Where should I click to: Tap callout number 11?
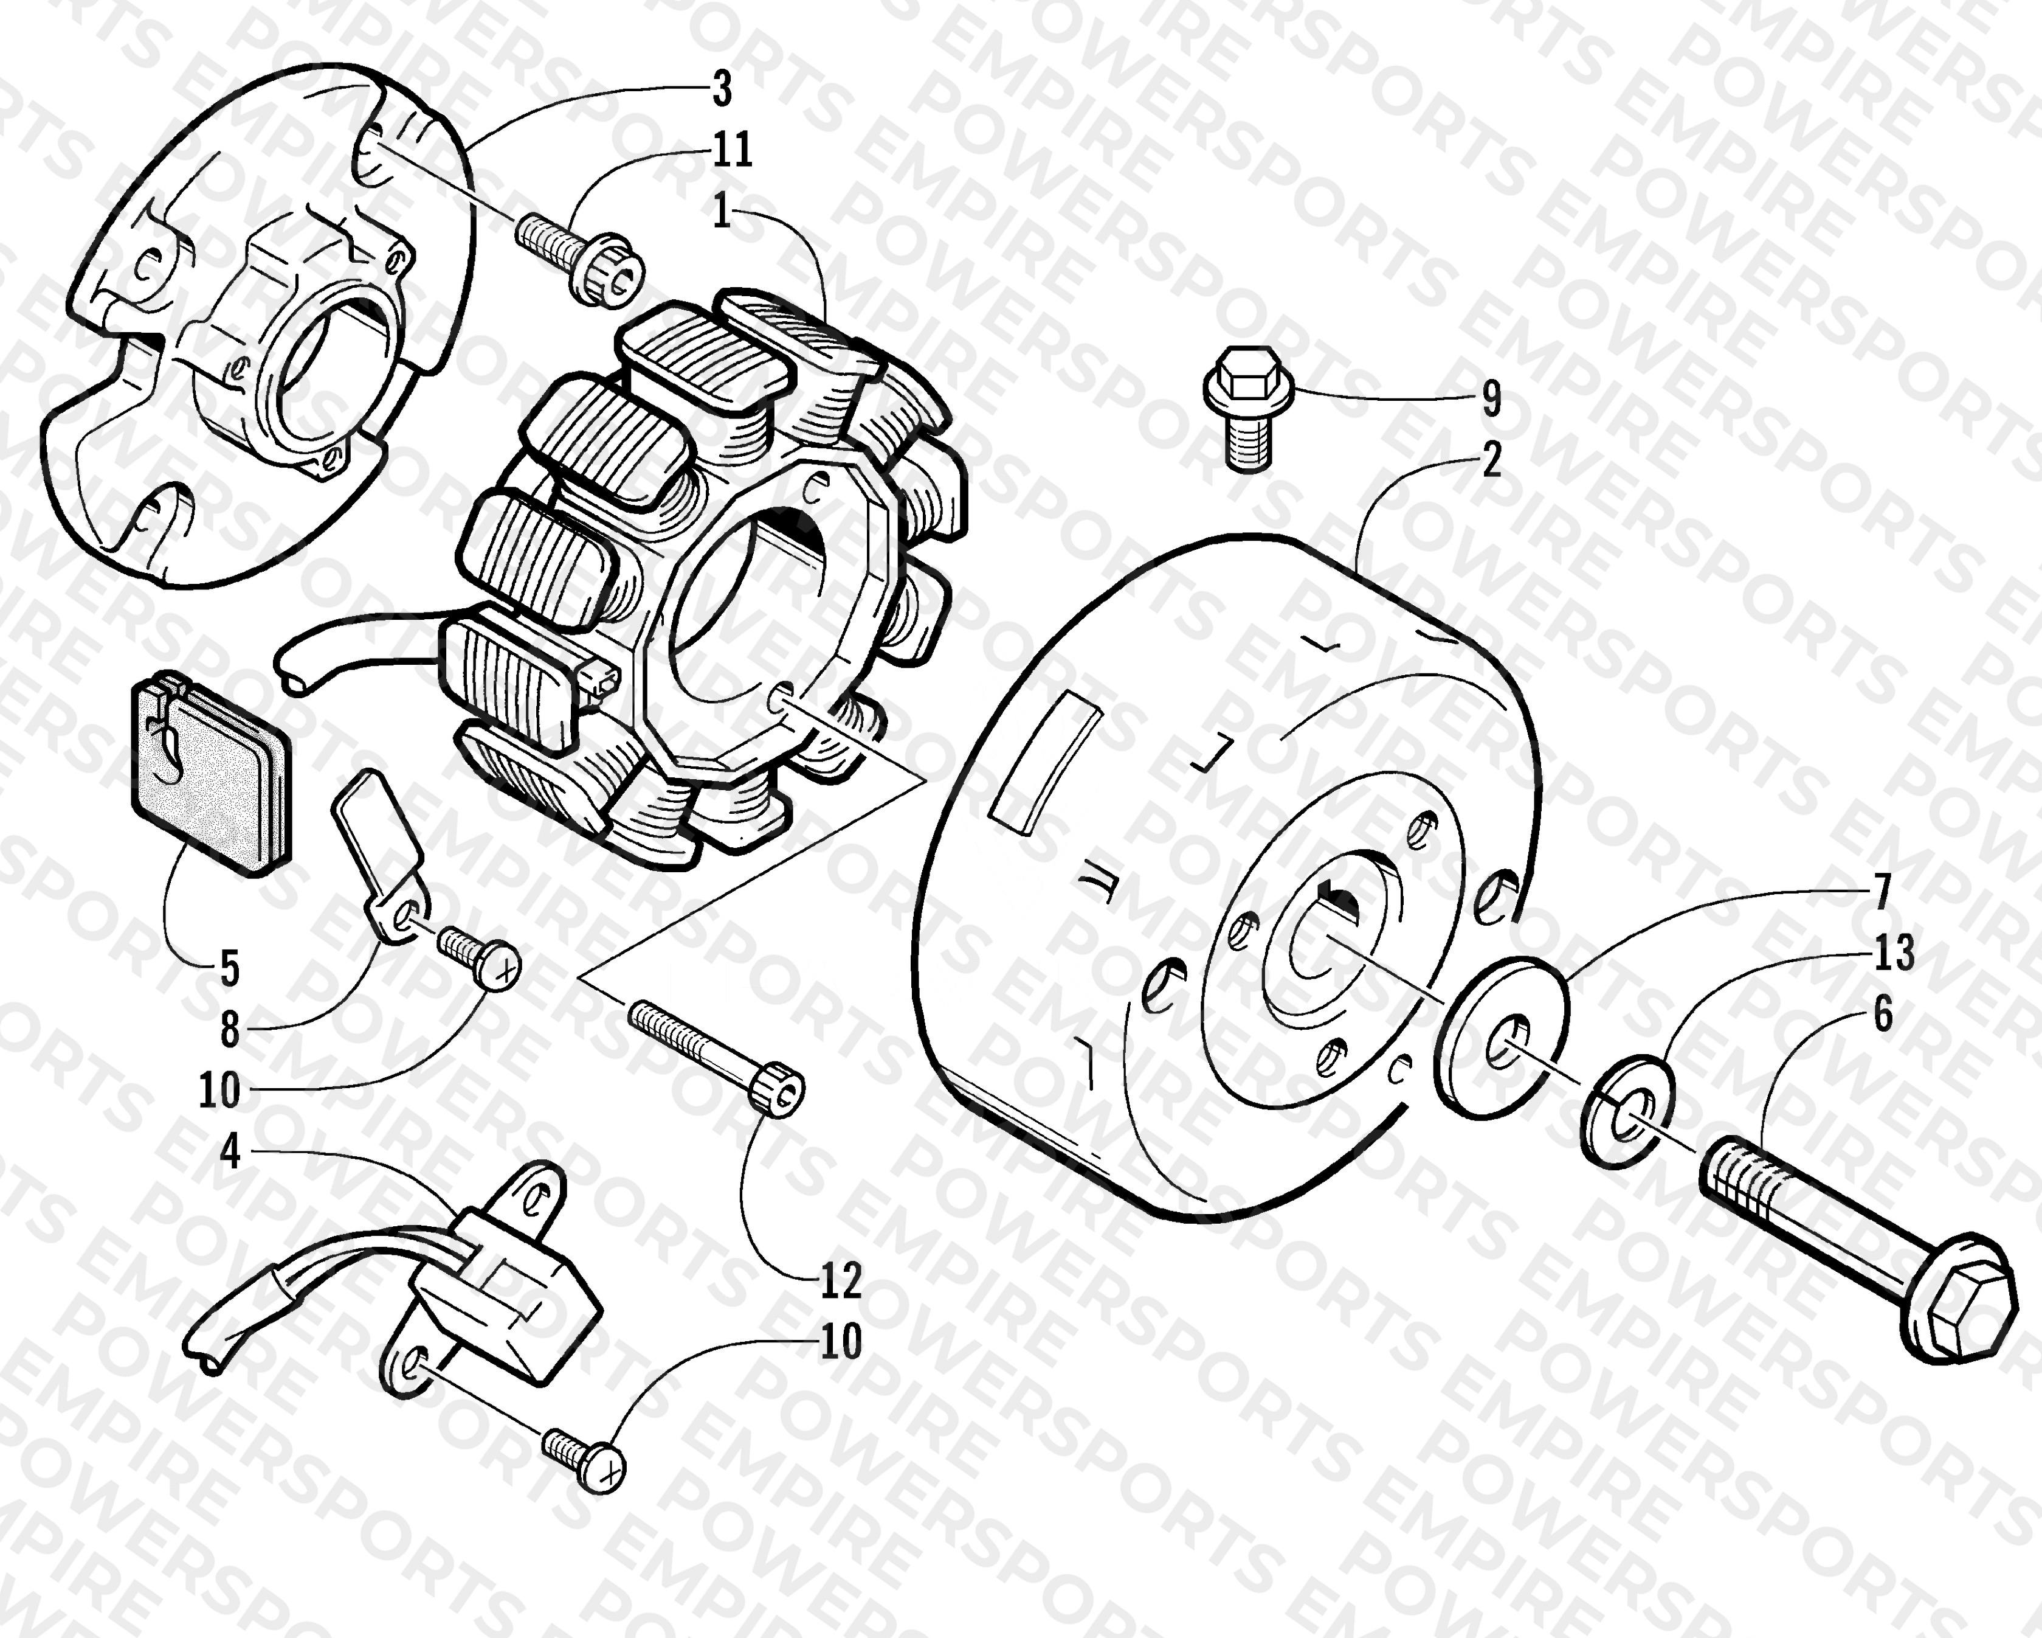[x=731, y=149]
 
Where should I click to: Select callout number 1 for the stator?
[x=722, y=210]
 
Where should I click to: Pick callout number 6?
[x=1883, y=1014]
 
